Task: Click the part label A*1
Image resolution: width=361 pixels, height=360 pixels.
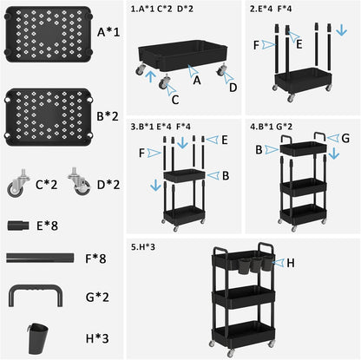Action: tap(108, 32)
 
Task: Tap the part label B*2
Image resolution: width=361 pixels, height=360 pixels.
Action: tap(108, 116)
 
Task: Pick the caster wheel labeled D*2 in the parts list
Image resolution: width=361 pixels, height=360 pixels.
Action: tap(79, 181)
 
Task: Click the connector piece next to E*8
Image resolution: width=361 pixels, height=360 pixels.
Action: tap(18, 226)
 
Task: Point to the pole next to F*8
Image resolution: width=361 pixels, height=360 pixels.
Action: tap(40, 258)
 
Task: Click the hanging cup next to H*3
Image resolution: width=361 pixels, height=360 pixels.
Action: tap(38, 338)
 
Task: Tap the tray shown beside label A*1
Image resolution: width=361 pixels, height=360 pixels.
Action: tap(49, 34)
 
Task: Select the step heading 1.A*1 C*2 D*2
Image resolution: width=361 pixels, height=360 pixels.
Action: tap(161, 9)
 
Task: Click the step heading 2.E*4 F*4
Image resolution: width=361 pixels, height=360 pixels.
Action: tap(271, 9)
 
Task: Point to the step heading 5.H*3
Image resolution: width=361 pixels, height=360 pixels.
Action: tap(143, 247)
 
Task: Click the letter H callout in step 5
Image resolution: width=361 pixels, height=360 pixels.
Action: tap(291, 263)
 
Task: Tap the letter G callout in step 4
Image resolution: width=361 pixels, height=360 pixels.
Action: tap(345, 138)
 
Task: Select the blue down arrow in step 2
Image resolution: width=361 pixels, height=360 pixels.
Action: tap(342, 29)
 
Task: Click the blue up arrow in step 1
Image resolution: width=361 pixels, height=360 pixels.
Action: tap(150, 76)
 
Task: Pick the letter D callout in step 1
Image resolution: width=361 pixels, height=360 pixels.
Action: tap(233, 88)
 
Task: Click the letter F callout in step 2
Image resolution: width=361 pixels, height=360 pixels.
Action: tap(256, 45)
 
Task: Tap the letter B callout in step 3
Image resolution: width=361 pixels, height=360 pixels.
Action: tap(226, 175)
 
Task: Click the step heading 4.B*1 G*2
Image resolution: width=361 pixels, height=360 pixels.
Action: tap(271, 127)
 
